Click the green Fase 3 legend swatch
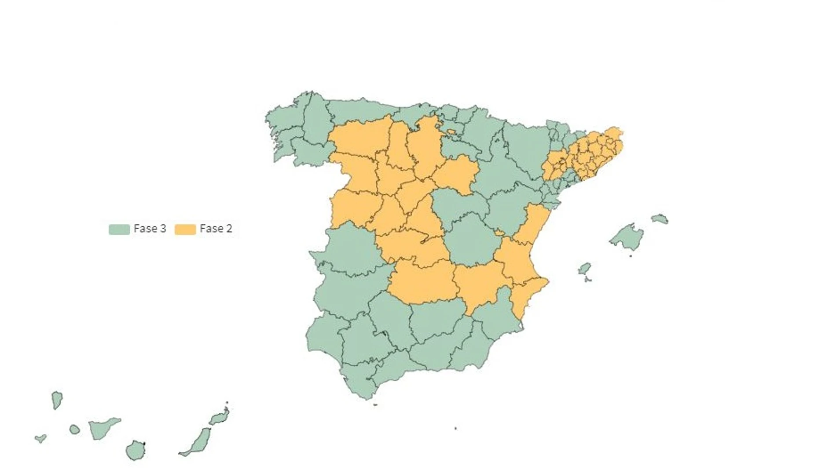(x=119, y=229)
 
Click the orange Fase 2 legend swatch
(x=185, y=229)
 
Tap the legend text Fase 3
(x=150, y=229)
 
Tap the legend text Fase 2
(x=216, y=229)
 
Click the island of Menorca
(x=660, y=219)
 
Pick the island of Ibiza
(x=584, y=269)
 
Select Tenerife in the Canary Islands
(x=102, y=428)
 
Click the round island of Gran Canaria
(x=135, y=450)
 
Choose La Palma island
(x=57, y=399)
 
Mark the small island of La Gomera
(x=74, y=429)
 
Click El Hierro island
(x=40, y=438)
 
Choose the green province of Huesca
(x=526, y=145)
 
